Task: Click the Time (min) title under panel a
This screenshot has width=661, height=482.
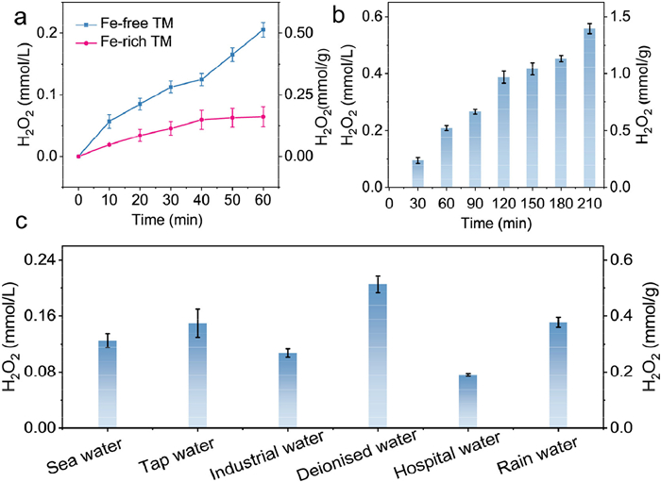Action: [170, 215]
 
